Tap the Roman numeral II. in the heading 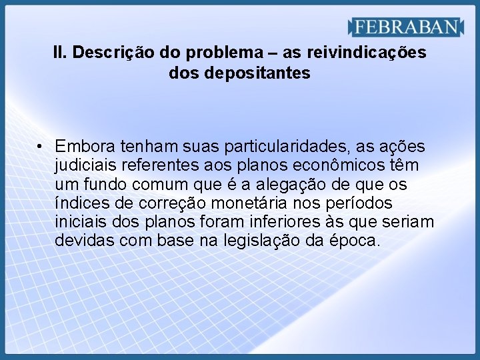pos(61,52)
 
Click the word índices pos(79,203)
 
